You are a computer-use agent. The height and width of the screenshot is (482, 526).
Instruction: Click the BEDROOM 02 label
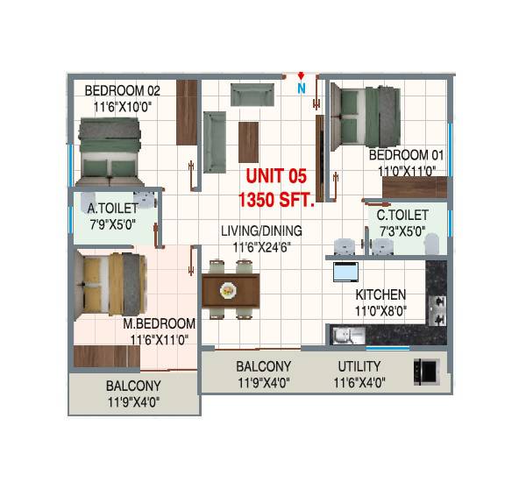[122, 90]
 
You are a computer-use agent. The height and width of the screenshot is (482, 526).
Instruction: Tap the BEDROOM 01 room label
[407, 155]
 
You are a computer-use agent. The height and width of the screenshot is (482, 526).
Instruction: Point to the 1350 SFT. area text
[280, 199]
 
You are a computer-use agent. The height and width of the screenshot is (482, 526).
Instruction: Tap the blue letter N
[301, 88]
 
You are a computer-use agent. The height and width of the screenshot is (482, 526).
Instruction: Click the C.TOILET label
[402, 215]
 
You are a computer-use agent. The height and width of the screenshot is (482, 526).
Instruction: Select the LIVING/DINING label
[261, 231]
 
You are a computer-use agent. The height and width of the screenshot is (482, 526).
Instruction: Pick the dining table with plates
[231, 289]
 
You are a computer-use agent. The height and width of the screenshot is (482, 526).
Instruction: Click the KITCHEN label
[380, 294]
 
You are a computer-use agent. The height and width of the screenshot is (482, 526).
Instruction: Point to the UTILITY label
[359, 366]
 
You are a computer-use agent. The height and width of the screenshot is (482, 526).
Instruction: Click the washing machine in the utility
[424, 372]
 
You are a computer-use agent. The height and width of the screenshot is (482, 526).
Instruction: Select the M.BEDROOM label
[160, 323]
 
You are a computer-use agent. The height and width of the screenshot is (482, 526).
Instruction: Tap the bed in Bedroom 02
[110, 149]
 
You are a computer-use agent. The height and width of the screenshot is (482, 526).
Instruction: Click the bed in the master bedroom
[109, 285]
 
